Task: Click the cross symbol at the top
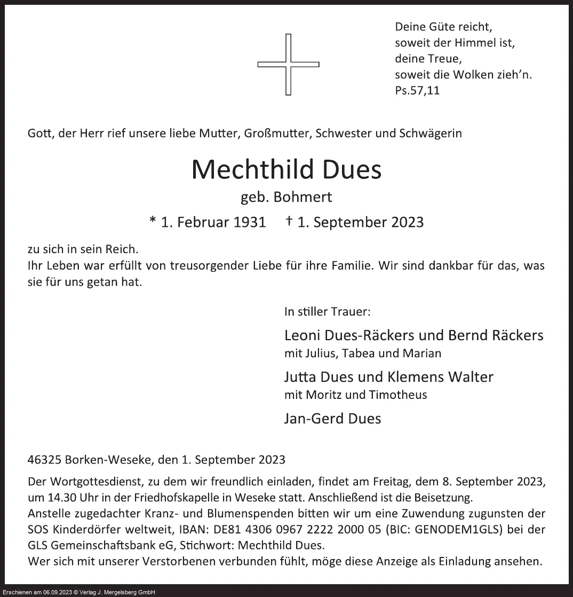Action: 288,65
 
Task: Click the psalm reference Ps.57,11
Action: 417,90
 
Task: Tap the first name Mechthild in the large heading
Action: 252,170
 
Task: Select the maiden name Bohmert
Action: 303,197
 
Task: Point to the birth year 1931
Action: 250,222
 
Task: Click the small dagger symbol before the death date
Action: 289,221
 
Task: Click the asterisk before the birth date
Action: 153,221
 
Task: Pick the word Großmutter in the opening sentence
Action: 277,133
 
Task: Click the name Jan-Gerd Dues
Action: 332,419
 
